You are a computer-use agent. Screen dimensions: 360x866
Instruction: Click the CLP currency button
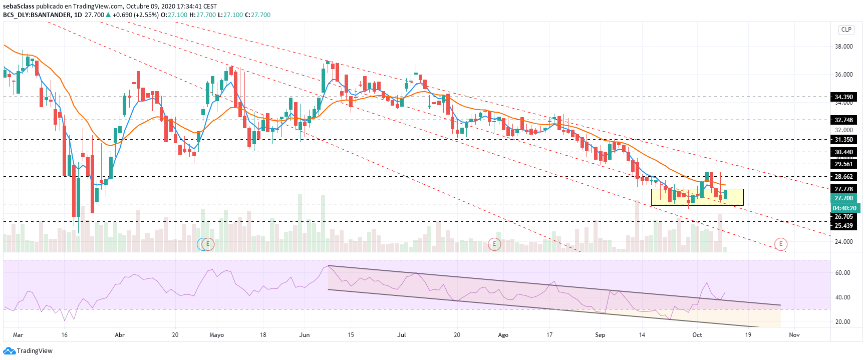tap(846, 30)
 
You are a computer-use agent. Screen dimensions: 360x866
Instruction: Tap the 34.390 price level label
tap(844, 97)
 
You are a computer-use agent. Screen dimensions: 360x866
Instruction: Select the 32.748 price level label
tap(844, 120)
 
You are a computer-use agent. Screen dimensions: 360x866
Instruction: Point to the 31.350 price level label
tap(844, 140)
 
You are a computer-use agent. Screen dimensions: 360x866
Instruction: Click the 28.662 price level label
tap(844, 177)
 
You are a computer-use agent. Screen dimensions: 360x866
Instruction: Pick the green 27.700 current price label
tap(844, 198)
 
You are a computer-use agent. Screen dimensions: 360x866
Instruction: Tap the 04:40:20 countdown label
tap(844, 208)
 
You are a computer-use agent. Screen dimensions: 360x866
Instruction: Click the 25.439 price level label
tap(844, 226)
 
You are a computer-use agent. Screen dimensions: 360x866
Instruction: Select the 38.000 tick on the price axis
tap(843, 47)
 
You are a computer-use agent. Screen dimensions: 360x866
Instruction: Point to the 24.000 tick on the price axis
tap(843, 242)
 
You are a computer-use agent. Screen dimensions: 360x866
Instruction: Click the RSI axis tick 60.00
tap(842, 273)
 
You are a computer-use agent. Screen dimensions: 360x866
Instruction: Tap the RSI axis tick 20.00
tap(842, 322)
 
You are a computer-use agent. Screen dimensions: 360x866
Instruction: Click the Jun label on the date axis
tap(304, 335)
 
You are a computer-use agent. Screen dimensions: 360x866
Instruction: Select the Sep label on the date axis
tap(600, 335)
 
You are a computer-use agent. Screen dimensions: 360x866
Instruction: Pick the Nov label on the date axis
tap(794, 335)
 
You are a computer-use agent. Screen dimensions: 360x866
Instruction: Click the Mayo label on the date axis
tap(216, 335)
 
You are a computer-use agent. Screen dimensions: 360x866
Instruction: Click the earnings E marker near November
tap(780, 244)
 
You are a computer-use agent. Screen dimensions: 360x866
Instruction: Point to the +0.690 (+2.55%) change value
tap(135, 15)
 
